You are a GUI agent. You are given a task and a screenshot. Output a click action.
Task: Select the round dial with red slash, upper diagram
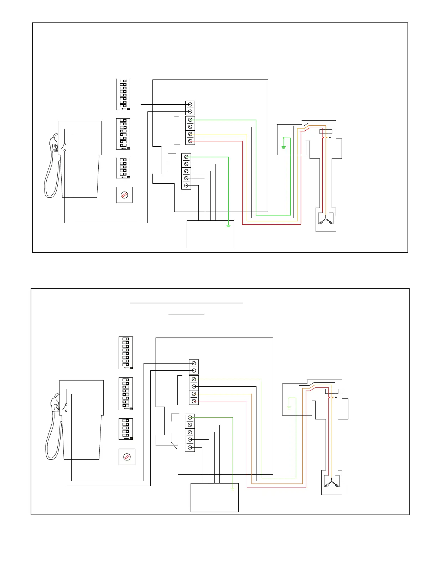(x=124, y=195)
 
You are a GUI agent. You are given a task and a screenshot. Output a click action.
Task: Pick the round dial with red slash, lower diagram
(x=127, y=457)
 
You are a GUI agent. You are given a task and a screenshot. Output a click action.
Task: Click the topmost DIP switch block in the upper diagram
(x=123, y=94)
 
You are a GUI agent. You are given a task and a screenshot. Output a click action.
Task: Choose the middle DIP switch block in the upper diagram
(x=123, y=134)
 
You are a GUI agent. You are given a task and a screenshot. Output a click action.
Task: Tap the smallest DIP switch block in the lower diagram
(x=126, y=429)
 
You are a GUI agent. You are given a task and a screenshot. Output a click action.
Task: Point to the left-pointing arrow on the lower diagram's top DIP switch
(x=126, y=368)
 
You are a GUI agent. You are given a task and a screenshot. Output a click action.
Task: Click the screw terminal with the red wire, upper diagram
(x=190, y=141)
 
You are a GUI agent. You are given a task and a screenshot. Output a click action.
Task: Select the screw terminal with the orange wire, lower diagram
(x=194, y=394)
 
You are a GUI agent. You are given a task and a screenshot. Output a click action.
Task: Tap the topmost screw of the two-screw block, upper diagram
(x=190, y=104)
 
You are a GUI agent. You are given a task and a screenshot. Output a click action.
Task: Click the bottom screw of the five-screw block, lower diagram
(x=190, y=447)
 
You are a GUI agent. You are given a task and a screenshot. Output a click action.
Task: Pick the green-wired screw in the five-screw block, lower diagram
(x=190, y=417)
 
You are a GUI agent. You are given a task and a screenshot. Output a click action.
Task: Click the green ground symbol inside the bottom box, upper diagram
(x=228, y=225)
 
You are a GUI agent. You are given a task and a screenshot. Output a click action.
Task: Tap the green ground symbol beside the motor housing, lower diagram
(x=289, y=407)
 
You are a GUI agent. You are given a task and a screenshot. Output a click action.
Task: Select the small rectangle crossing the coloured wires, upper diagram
(x=326, y=131)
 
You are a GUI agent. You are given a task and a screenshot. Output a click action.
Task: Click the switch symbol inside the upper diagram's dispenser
(x=64, y=146)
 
